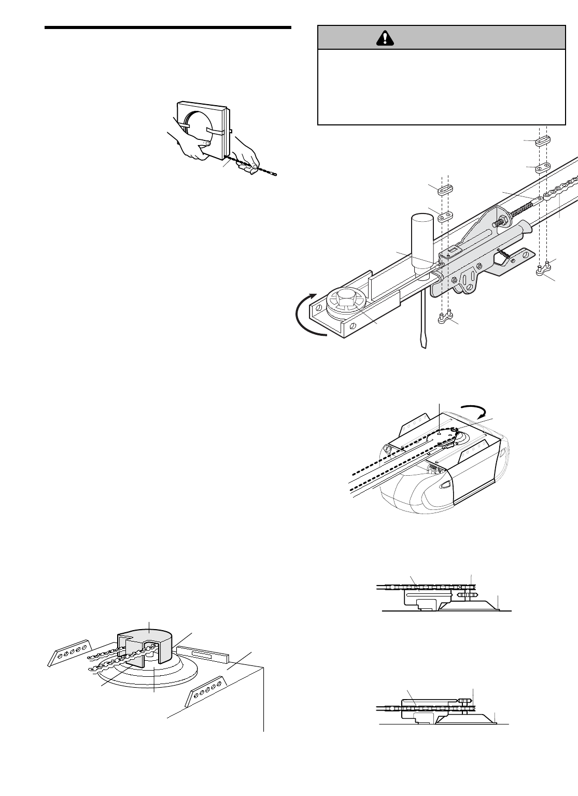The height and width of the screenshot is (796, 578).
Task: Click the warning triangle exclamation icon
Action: [x=386, y=37]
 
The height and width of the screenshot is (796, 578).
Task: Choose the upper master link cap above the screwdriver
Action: [x=445, y=190]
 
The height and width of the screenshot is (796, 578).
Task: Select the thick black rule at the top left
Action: [x=168, y=27]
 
